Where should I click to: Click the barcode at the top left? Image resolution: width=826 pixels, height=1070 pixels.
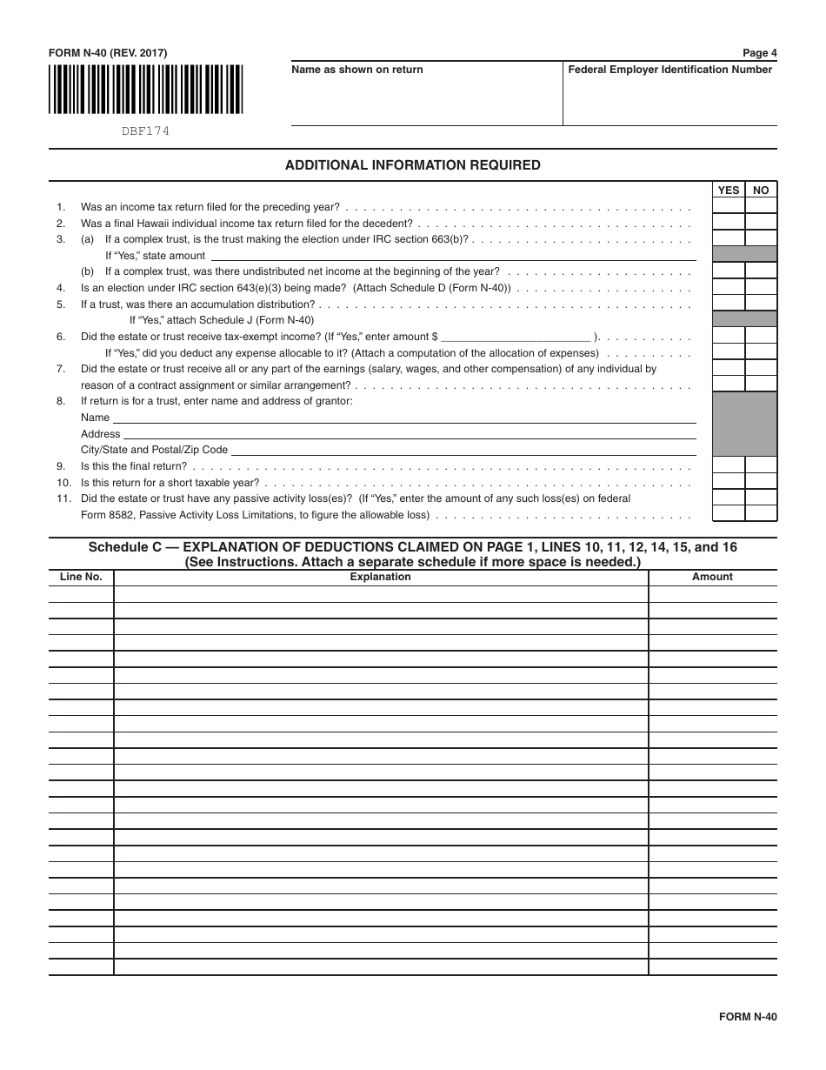145,90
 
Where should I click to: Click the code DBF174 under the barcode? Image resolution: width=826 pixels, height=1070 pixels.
145,131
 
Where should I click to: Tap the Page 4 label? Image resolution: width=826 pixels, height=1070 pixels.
759,53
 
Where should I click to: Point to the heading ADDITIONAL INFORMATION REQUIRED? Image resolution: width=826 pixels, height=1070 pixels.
412,165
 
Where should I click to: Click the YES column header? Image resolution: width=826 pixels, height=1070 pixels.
729,191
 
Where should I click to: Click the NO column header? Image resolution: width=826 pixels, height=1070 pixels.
761,191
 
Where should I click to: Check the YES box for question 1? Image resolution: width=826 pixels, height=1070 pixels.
729,206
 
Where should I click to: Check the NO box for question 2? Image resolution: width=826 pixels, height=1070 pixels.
761,223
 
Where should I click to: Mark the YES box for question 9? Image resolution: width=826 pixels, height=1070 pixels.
729,465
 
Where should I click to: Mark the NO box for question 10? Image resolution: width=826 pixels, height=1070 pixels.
761,481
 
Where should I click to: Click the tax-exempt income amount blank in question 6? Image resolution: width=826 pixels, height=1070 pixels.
516,336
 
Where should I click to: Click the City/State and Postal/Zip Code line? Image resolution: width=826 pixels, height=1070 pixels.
463,450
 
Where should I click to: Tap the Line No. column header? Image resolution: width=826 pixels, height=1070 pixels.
81,577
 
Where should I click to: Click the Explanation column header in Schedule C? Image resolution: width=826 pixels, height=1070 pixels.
380,577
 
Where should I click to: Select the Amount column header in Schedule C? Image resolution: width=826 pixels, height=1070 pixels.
712,577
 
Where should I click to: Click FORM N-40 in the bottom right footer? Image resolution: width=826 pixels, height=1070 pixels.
747,1017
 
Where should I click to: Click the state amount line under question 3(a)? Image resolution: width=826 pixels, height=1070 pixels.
452,256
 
